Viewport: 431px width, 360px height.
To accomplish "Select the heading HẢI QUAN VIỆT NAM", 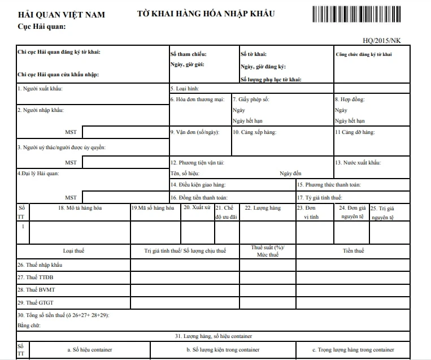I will pos(62,15).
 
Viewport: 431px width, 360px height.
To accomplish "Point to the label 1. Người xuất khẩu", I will pos(40,89).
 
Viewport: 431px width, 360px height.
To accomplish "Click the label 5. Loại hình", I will pos(185,89).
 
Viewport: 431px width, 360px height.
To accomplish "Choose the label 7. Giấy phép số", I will pos(251,99).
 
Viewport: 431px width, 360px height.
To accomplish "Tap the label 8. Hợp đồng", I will pos(350,99).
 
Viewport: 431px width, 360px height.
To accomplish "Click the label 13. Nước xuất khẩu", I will pos(358,163).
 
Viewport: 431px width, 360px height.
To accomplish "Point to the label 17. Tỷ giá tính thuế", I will pos(320,197).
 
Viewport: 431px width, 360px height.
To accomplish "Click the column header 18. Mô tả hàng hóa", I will pos(80,208).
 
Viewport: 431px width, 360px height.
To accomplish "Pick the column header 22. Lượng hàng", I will pos(263,208).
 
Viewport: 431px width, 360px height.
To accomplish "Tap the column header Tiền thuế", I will pos(353,251).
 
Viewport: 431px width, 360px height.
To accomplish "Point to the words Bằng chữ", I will pos(29,326).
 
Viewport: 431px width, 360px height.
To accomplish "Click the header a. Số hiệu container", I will pos(89,350).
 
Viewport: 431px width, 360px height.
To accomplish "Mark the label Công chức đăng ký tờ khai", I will pos(364,54).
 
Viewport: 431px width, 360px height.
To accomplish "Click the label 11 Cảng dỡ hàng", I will pos(355,132).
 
